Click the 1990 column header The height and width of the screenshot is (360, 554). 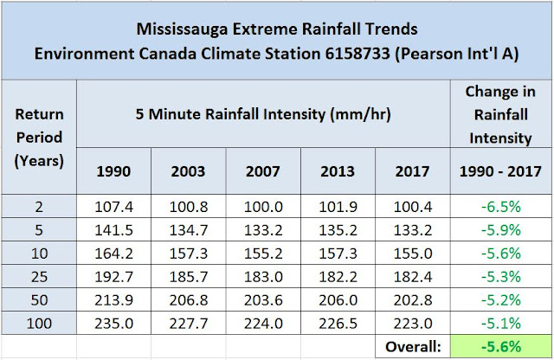click(x=114, y=170)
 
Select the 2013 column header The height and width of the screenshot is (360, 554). click(x=338, y=170)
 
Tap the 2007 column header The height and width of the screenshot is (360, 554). click(x=263, y=170)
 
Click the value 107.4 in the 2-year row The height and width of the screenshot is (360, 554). click(x=114, y=209)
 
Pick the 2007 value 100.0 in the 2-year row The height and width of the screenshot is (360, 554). click(x=263, y=209)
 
